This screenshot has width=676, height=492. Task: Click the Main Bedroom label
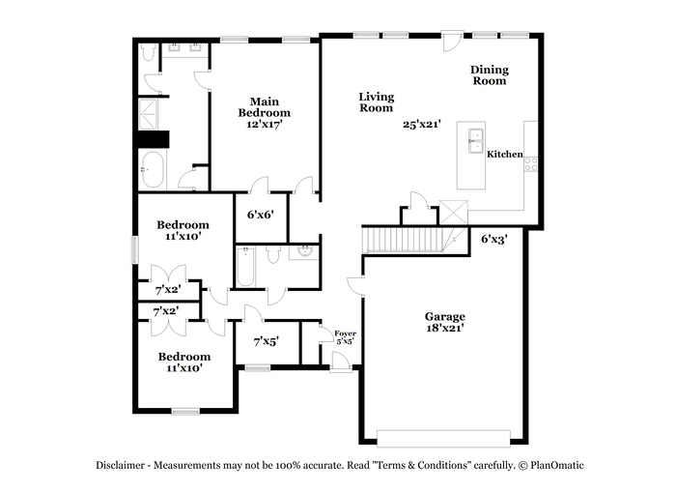click(x=265, y=107)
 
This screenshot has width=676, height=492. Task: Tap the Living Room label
click(x=377, y=102)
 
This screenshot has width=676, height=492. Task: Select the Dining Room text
click(x=490, y=75)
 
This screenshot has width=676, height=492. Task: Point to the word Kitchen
click(x=505, y=154)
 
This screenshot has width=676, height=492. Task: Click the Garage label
click(x=445, y=316)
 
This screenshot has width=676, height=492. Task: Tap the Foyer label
click(x=346, y=333)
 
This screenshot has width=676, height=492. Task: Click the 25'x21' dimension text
click(x=422, y=125)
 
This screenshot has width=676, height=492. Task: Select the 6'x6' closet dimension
click(x=261, y=214)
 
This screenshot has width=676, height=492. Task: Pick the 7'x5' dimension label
click(x=266, y=342)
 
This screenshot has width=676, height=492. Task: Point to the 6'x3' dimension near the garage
click(x=494, y=239)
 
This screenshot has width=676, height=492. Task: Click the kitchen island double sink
click(x=476, y=141)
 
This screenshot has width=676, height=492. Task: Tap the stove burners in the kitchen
click(x=531, y=164)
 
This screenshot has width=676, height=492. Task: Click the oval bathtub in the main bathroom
click(x=153, y=169)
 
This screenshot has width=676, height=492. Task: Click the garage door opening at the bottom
click(x=443, y=438)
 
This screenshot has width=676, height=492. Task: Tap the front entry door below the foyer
click(x=341, y=362)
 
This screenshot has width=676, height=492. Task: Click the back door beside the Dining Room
click(x=452, y=41)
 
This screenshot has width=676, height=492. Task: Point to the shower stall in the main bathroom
click(x=148, y=114)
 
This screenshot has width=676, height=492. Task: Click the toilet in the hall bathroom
click(x=273, y=254)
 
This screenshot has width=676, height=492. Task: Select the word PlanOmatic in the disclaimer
click(x=556, y=465)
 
